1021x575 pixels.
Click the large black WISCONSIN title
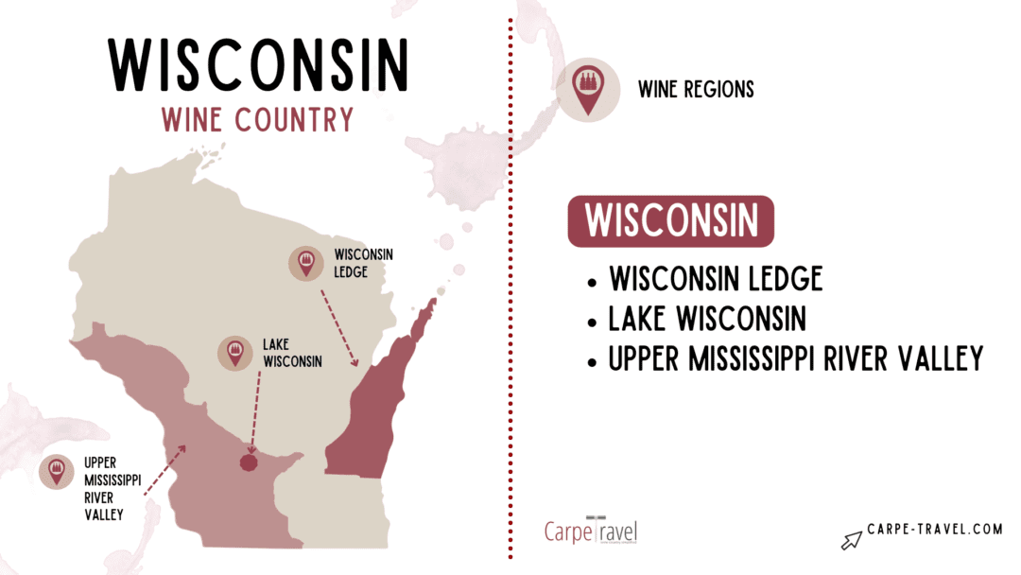click(x=257, y=64)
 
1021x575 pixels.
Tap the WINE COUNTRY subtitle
click(x=257, y=120)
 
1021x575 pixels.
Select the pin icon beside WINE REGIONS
click(x=588, y=91)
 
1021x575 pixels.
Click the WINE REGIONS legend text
click(x=696, y=90)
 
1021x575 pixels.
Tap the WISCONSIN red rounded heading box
click(x=670, y=221)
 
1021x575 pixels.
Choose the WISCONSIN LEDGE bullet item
click(x=716, y=279)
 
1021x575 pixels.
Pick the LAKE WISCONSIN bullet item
click(x=707, y=319)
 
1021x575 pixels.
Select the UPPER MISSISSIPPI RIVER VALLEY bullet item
click(x=796, y=358)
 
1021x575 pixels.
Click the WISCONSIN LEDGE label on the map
click(x=363, y=265)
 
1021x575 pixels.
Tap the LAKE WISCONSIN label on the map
click(x=293, y=352)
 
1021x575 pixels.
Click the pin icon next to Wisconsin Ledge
click(x=306, y=264)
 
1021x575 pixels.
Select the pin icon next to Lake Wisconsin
click(x=235, y=352)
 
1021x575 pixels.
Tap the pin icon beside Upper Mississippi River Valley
click(x=57, y=471)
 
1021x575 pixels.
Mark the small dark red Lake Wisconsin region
click(x=249, y=462)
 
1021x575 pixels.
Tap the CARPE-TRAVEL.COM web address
click(x=934, y=530)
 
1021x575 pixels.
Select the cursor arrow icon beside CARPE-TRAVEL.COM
click(x=852, y=539)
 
